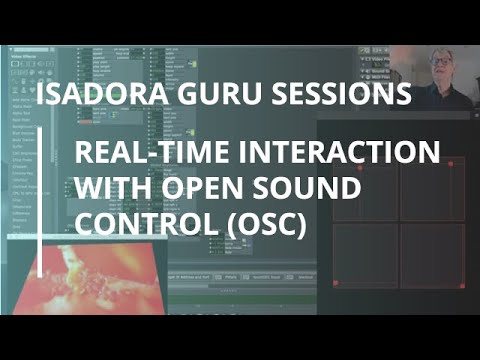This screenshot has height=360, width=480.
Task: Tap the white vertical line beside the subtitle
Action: point(41,209)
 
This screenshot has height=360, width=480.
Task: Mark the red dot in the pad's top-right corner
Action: point(451,163)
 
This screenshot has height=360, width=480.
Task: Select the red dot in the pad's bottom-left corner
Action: point(336,283)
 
